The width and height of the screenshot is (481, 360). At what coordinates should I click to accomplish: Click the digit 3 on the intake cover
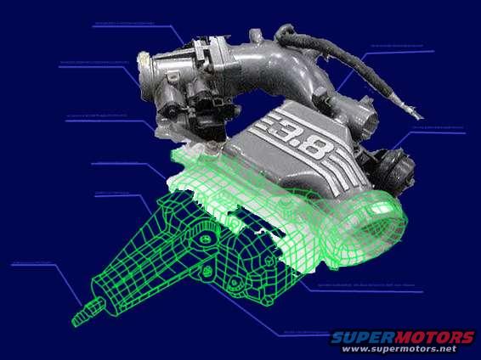pos(282,134)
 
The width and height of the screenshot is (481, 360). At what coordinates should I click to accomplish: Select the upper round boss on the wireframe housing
pos(207,241)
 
